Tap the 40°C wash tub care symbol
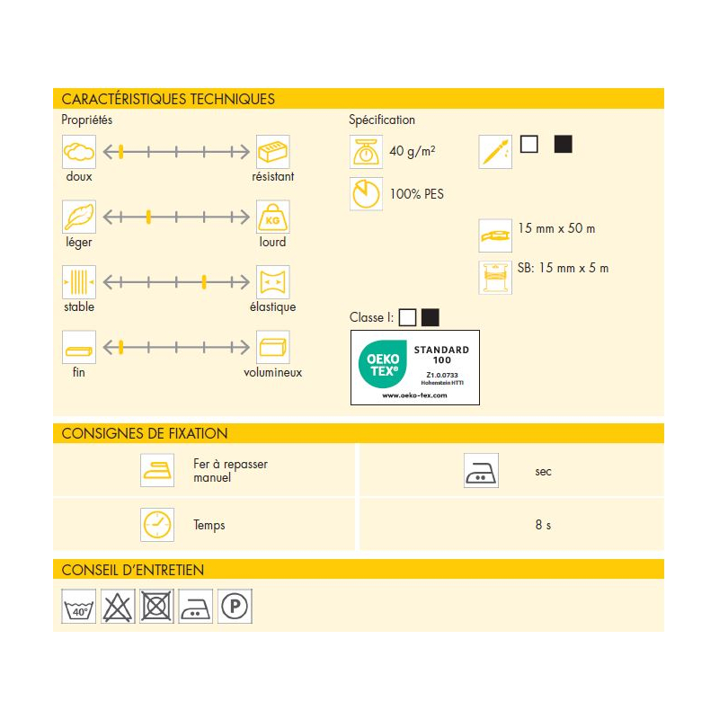pos(78,607)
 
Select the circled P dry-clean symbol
pos(235,607)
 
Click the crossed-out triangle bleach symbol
pos(118,607)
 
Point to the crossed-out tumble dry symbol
pos(156,607)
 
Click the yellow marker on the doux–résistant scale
pos(120,152)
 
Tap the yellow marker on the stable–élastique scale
pos(205,282)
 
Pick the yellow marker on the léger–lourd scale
pos(148,217)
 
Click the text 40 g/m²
pos(413,151)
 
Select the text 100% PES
pos(416,194)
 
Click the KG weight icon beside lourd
pos(272,217)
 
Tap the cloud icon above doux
pos(78,152)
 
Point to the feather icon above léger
pos(78,217)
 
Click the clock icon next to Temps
pos(156,524)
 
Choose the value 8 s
pos(543,525)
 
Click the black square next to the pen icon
pos(564,144)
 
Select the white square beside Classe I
pos(408,317)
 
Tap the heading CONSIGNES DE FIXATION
pos(145,433)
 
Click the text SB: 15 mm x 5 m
pos(564,268)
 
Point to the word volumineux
pos(272,372)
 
